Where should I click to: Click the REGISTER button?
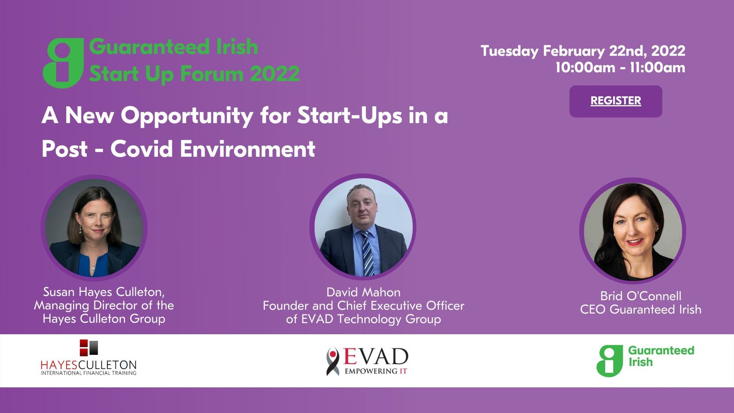point(616,101)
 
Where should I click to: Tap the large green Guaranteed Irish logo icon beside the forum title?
point(63,63)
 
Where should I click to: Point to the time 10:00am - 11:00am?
point(620,68)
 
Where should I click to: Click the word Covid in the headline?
point(141,149)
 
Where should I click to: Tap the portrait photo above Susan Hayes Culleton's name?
point(94,228)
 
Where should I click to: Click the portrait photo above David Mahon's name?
point(363,227)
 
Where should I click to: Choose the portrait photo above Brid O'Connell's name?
point(633,231)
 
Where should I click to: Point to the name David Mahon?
point(363,292)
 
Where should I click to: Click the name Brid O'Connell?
point(641,296)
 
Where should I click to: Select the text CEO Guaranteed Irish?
point(641,309)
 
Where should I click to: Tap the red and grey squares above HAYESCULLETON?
point(89,348)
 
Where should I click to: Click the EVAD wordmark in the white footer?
point(375,357)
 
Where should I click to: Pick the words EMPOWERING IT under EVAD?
point(376,371)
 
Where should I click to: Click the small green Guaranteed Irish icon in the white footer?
point(609,361)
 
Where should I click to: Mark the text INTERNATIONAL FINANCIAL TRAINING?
point(89,373)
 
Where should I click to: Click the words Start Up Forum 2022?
point(194,74)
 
